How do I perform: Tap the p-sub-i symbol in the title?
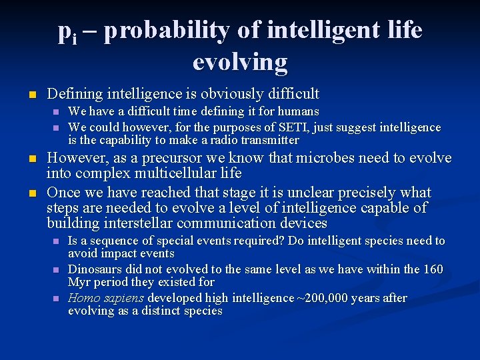[67, 32]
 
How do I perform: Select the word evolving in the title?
[240, 61]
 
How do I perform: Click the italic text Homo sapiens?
[107, 298]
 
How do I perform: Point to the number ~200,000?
[325, 298]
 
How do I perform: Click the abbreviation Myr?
[81, 282]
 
